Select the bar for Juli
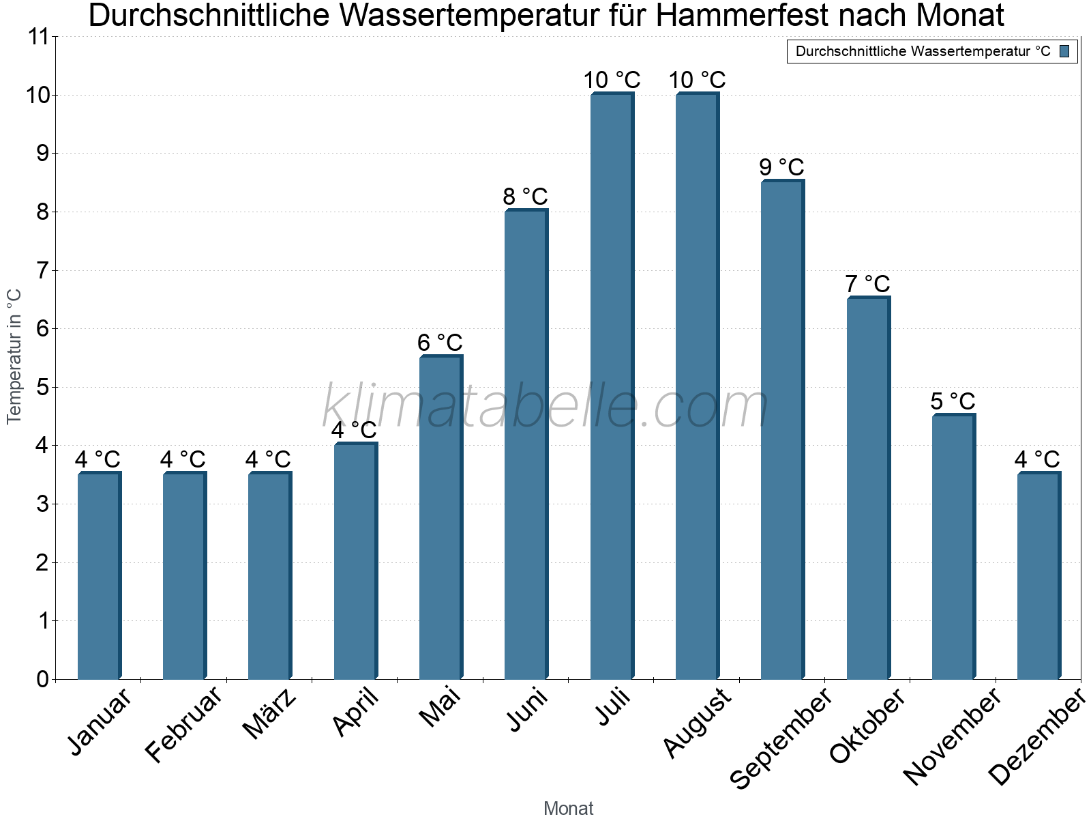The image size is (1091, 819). [612, 386]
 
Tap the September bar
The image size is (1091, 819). [782, 430]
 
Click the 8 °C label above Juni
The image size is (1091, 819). [525, 197]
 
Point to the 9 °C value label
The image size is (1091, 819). [781, 167]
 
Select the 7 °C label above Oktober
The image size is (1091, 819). [867, 284]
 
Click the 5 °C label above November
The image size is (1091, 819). [953, 401]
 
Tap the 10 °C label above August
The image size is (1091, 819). [697, 81]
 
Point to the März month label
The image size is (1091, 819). [270, 715]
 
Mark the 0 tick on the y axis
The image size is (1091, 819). [42, 679]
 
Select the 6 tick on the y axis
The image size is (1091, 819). [42, 329]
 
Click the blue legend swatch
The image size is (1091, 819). [1064, 51]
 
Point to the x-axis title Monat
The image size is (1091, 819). [568, 808]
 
